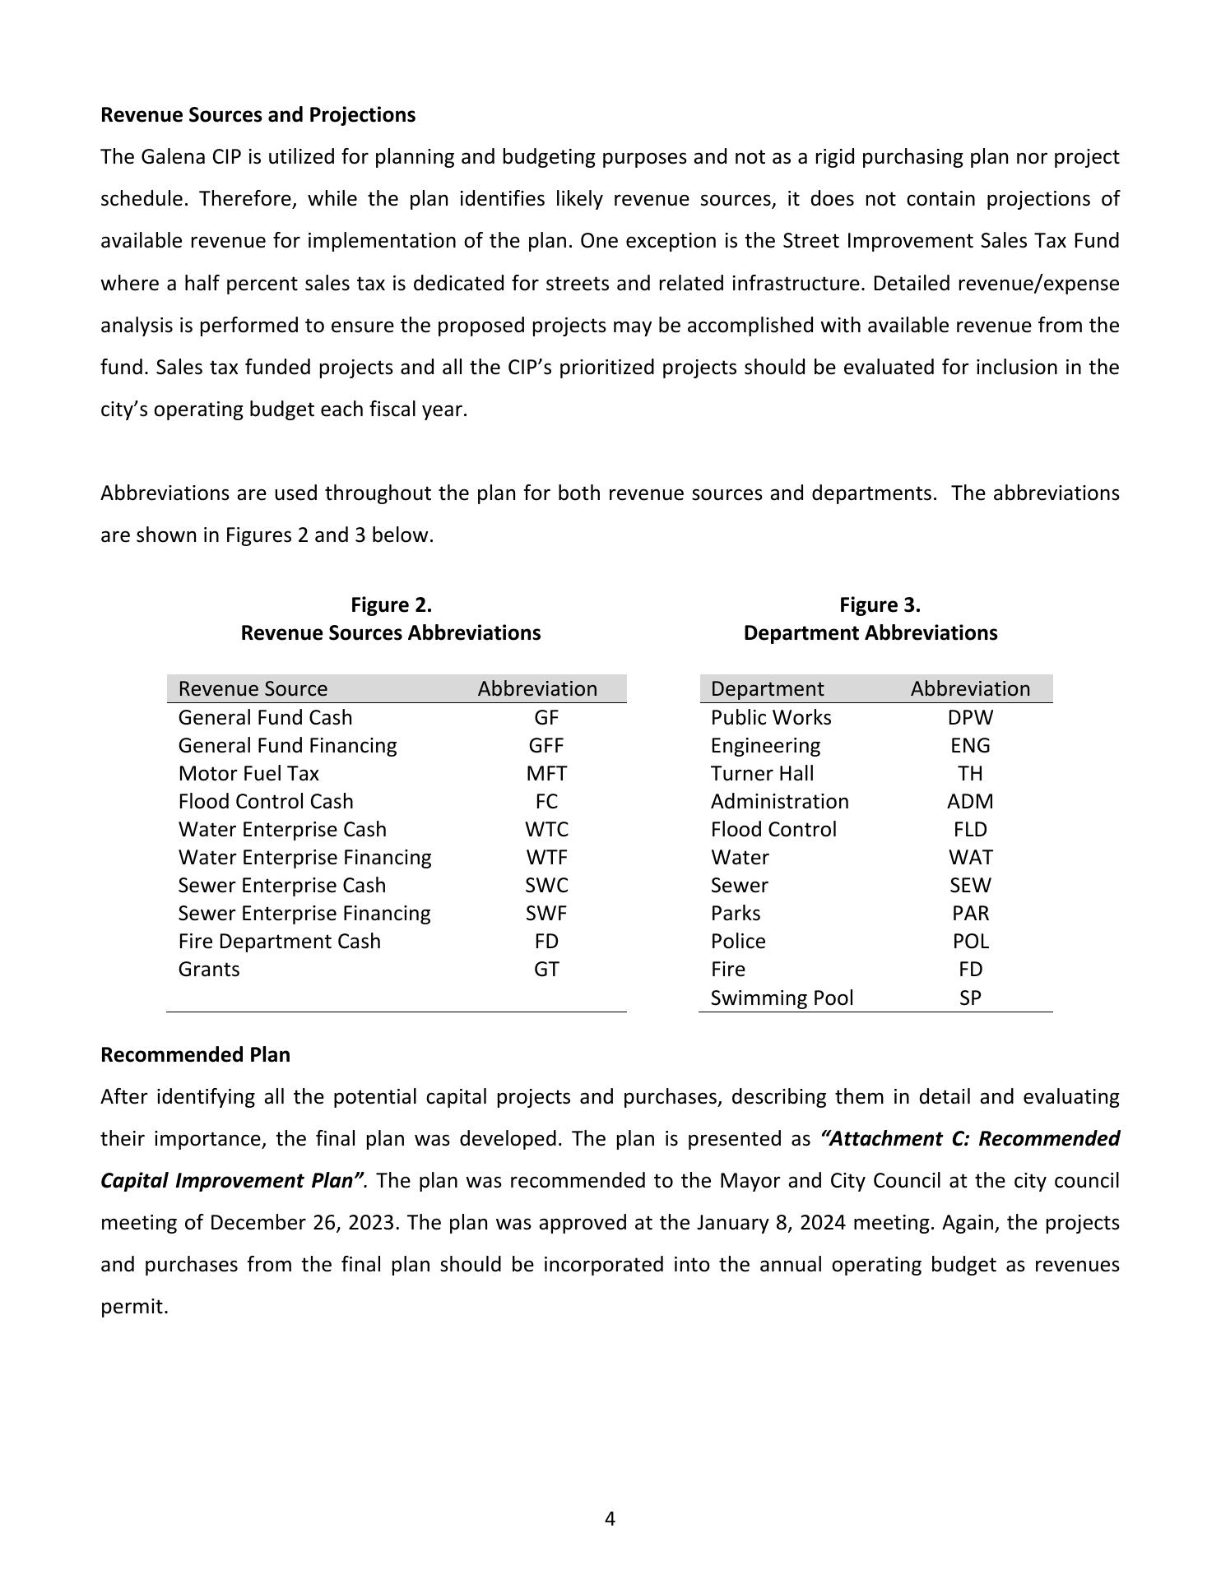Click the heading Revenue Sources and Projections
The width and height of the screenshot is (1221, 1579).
(x=258, y=115)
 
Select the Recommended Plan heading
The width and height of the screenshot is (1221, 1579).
(x=195, y=1055)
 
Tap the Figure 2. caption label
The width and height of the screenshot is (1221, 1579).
(x=391, y=605)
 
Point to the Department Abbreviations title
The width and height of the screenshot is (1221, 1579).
(x=870, y=633)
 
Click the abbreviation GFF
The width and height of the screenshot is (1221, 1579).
(x=546, y=746)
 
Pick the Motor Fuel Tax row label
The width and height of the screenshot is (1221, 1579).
(x=248, y=774)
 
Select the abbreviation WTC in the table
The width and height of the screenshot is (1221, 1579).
(x=546, y=830)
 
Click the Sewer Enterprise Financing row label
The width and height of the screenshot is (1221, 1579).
(x=304, y=914)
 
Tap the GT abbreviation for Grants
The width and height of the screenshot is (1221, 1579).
(x=546, y=970)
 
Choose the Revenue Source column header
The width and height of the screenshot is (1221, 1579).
(x=253, y=689)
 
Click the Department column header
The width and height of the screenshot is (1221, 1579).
(x=767, y=689)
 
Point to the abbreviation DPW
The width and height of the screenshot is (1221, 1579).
(x=970, y=718)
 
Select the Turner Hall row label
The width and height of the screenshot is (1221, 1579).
(x=762, y=774)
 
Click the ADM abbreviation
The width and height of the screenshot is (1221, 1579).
(x=970, y=802)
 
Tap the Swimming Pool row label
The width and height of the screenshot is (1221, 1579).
(x=782, y=998)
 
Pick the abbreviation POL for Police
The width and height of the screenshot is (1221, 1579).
(x=970, y=942)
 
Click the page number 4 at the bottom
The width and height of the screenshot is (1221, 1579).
(x=610, y=1519)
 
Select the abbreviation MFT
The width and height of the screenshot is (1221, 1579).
(x=546, y=774)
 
